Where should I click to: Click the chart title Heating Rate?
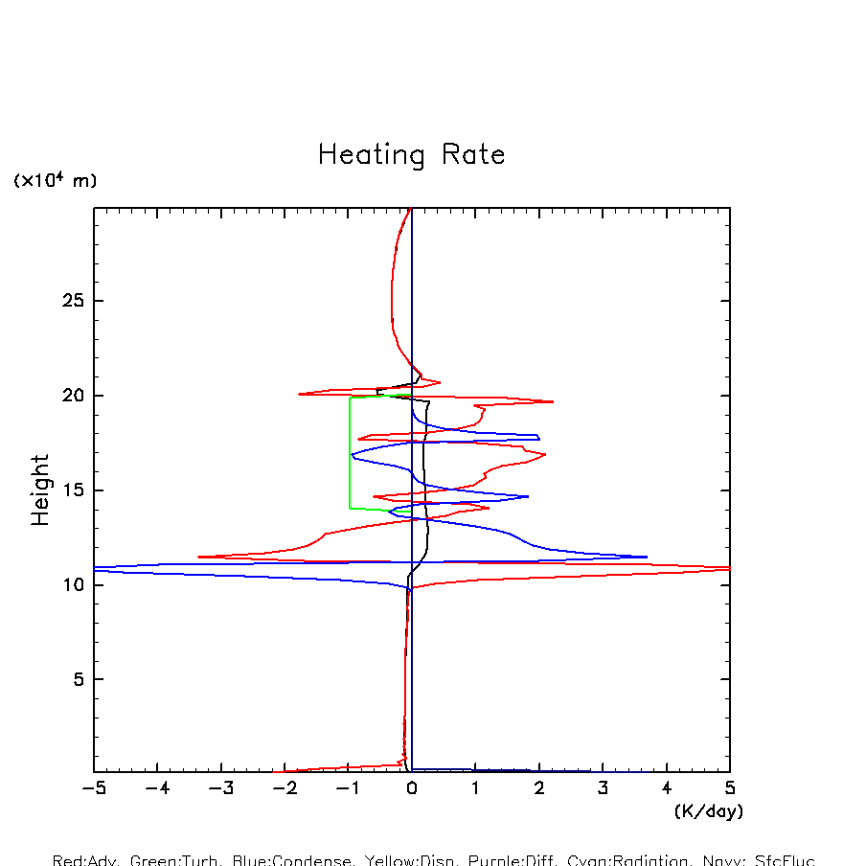[411, 155]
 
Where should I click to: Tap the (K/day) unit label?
[708, 811]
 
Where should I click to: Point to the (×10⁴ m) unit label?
[55, 180]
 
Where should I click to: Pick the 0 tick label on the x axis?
[412, 789]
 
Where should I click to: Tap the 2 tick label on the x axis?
[539, 789]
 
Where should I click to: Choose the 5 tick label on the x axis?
[730, 789]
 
